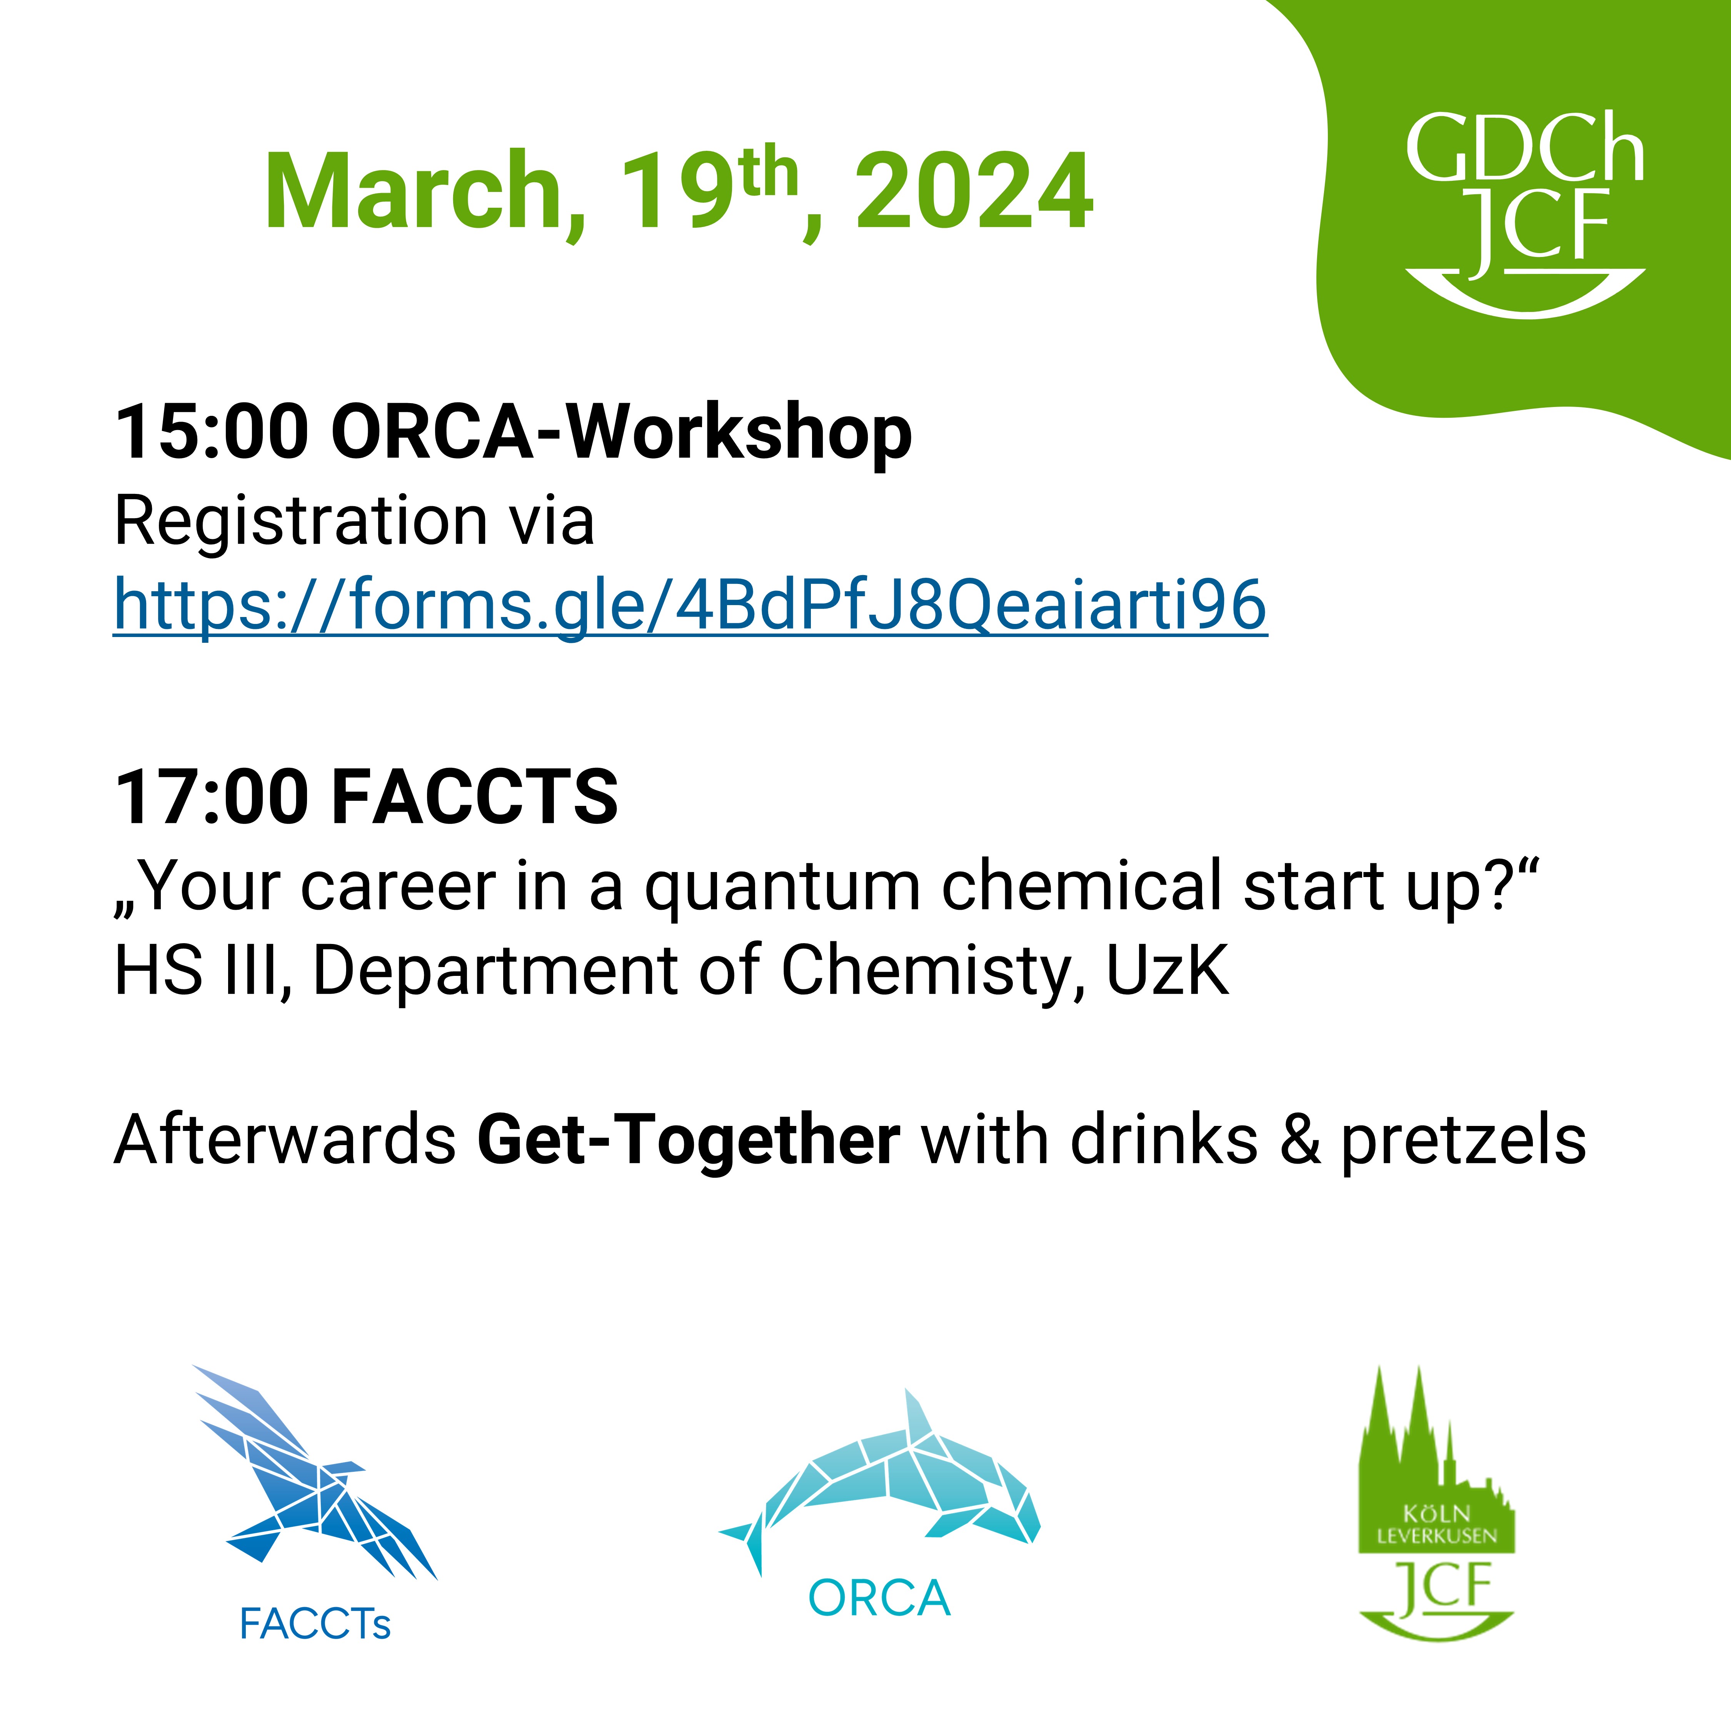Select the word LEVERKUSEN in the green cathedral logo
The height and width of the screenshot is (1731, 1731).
pyautogui.click(x=1436, y=1536)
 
